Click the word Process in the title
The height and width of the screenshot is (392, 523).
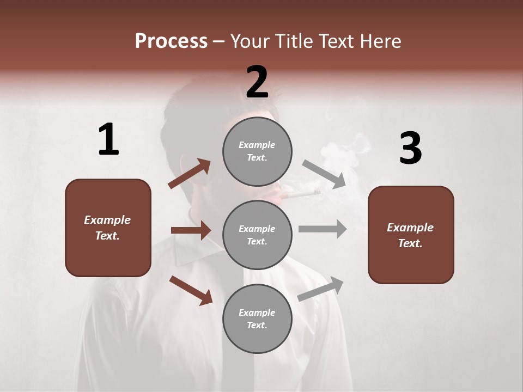pos(171,41)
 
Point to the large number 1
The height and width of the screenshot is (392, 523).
pos(108,140)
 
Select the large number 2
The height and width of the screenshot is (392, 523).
pos(257,82)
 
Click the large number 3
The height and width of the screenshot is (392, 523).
pos(410,149)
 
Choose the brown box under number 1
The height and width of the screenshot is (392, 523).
pos(108,228)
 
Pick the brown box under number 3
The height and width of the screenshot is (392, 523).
pos(411,235)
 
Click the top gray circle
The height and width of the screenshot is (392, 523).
pos(257,151)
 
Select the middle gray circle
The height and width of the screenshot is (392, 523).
pos(257,235)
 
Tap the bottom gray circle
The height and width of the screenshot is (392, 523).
pos(257,318)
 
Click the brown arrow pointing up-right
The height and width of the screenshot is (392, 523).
pos(189,174)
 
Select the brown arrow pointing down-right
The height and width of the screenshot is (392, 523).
pos(191,290)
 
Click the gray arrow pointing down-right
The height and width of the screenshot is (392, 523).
pos(324,174)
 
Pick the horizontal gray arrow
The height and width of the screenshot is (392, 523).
pos(323,229)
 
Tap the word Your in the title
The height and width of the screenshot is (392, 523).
pos(249,41)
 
